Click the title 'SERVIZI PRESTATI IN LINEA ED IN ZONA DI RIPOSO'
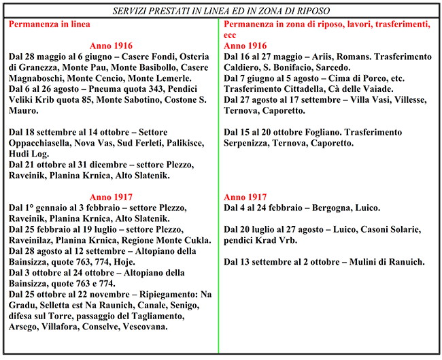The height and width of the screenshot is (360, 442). pos(221,10)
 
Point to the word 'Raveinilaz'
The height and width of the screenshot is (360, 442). pos(36,240)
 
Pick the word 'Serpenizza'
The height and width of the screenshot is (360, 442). pos(253,143)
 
